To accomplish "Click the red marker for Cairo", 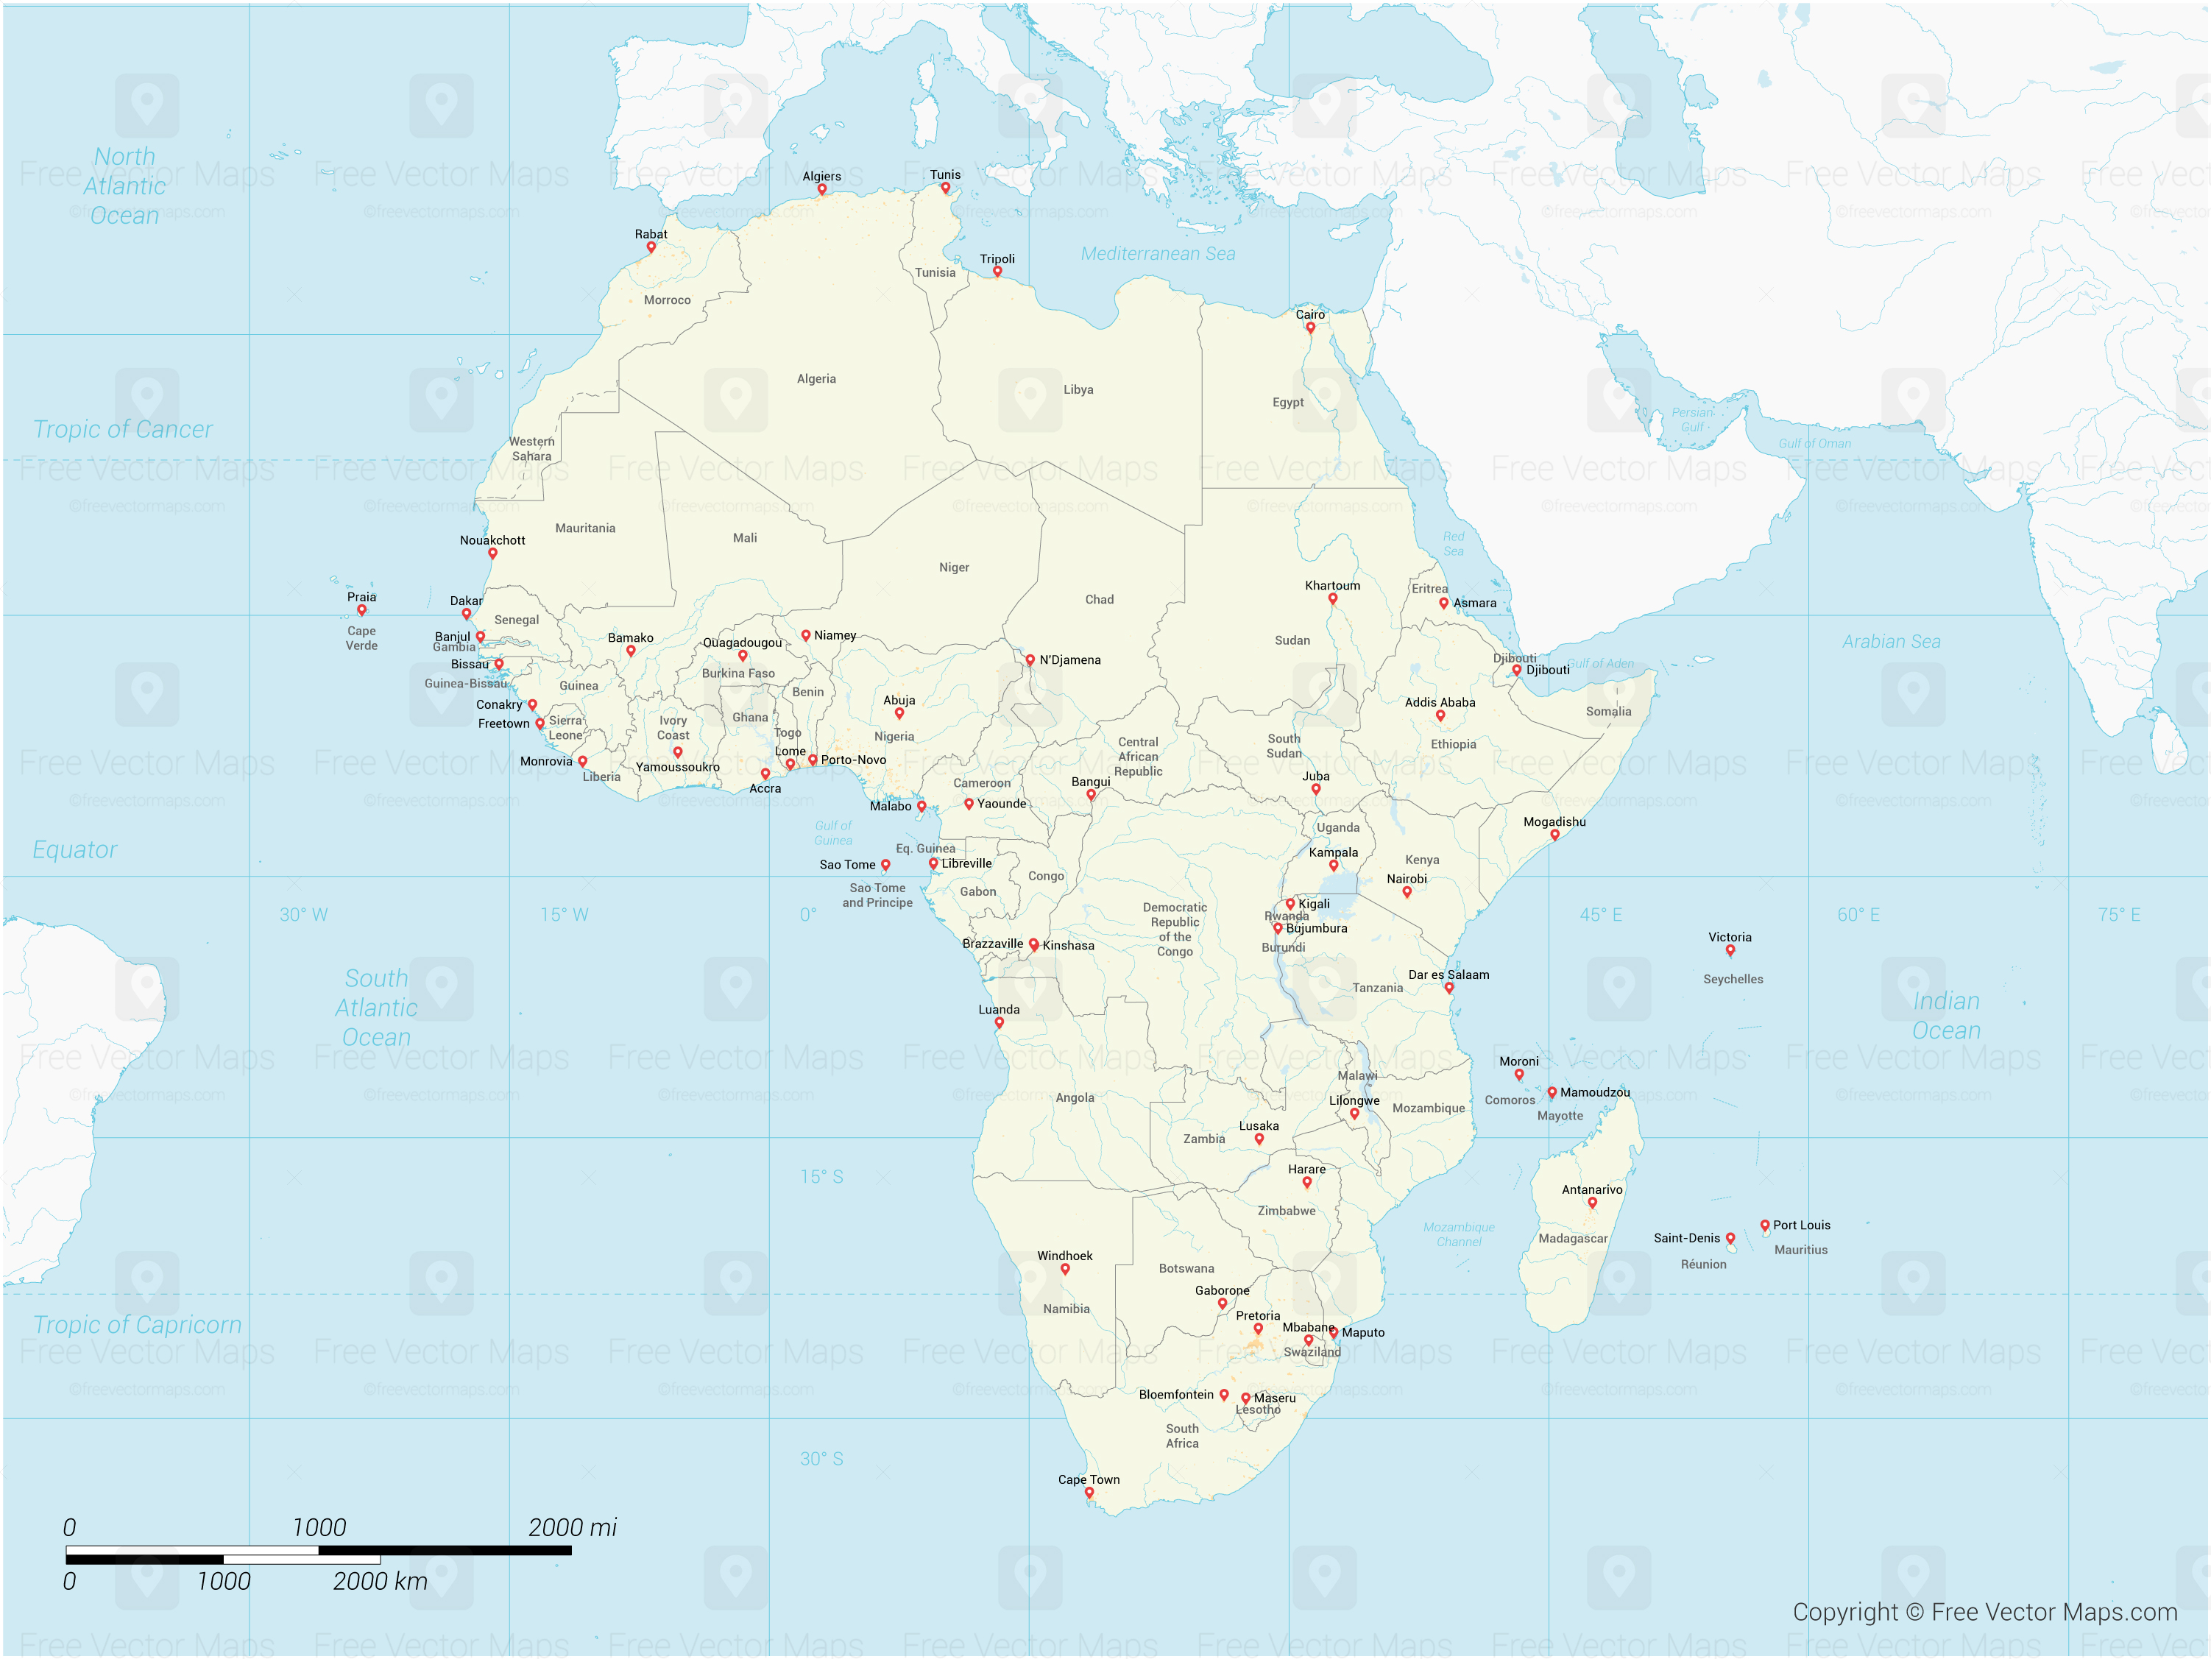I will [x=1310, y=327].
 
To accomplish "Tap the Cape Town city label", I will [x=1089, y=1479].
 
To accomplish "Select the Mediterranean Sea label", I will [x=1158, y=254].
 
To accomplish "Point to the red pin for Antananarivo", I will [x=1592, y=1203].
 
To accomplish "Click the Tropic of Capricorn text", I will [x=137, y=1324].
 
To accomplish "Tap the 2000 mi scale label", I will [x=572, y=1527].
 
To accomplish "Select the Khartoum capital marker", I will [x=1332, y=598].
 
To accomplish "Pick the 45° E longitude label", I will [x=1600, y=914].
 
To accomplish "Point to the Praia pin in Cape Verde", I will [x=362, y=609].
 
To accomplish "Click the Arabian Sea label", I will [x=1891, y=642].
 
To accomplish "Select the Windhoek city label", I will [x=1064, y=1255].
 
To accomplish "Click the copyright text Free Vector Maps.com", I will [x=1984, y=1611].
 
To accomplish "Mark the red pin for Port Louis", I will [x=1764, y=1225].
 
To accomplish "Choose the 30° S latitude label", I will [x=821, y=1458].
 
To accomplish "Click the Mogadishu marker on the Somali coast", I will [x=1554, y=835].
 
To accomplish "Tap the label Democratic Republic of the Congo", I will [x=1175, y=930].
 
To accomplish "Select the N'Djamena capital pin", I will [x=1030, y=659].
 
